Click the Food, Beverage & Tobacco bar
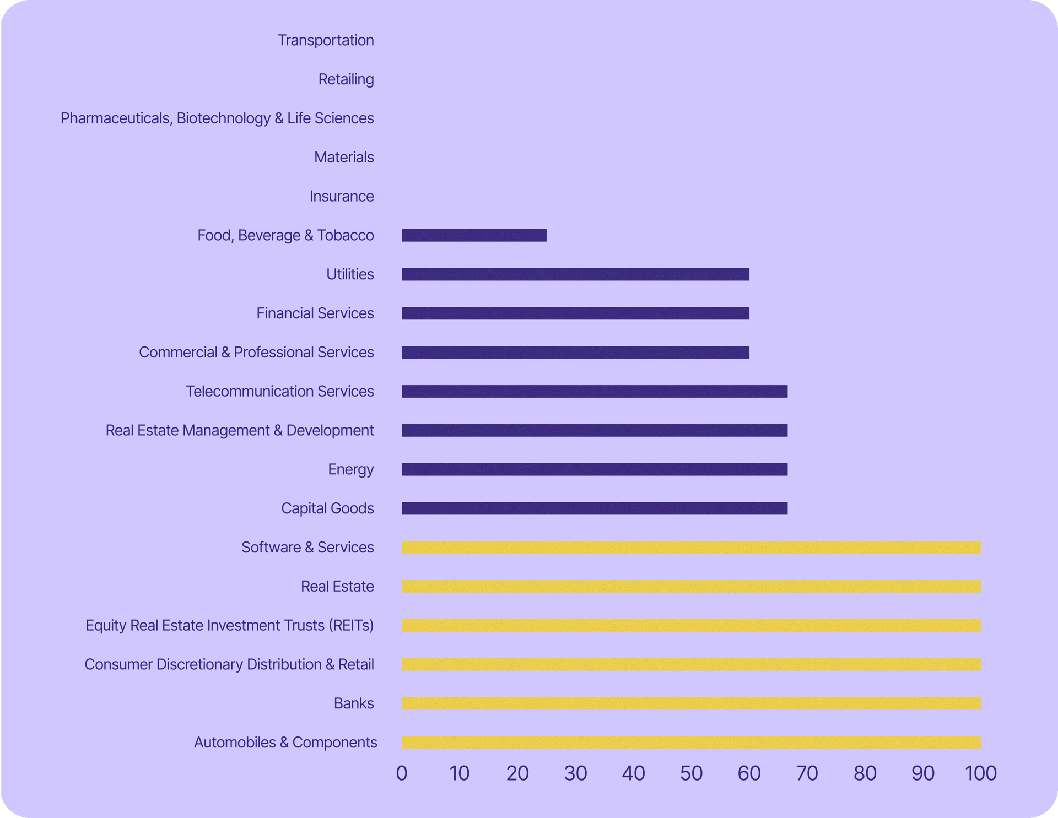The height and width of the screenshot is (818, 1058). pos(474,236)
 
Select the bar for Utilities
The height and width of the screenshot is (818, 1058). pos(575,274)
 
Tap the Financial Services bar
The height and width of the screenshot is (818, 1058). pos(575,313)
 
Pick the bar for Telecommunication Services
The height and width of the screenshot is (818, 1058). pos(595,392)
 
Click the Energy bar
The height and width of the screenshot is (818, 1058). pos(595,469)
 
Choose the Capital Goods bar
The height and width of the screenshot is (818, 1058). pos(595,508)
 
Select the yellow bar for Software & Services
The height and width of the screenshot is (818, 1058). pos(691,548)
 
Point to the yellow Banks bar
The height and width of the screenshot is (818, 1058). pos(691,703)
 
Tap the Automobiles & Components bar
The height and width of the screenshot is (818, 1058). pos(691,743)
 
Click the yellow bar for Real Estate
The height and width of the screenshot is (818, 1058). pos(691,587)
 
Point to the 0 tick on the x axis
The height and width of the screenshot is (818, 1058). pos(402,773)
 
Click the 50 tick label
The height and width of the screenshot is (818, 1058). pos(691,773)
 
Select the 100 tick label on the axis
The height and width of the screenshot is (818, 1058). pos(981,773)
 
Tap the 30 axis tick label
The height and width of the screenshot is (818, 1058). pos(575,773)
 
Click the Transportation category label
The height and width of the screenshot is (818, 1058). pos(326,40)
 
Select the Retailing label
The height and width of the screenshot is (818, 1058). pos(346,79)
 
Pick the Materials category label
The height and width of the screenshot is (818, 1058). pos(344,158)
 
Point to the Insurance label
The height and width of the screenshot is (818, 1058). pos(342,197)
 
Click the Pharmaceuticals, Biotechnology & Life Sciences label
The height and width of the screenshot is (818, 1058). pos(217,118)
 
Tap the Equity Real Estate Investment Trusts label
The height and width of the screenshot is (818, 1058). pos(229,626)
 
